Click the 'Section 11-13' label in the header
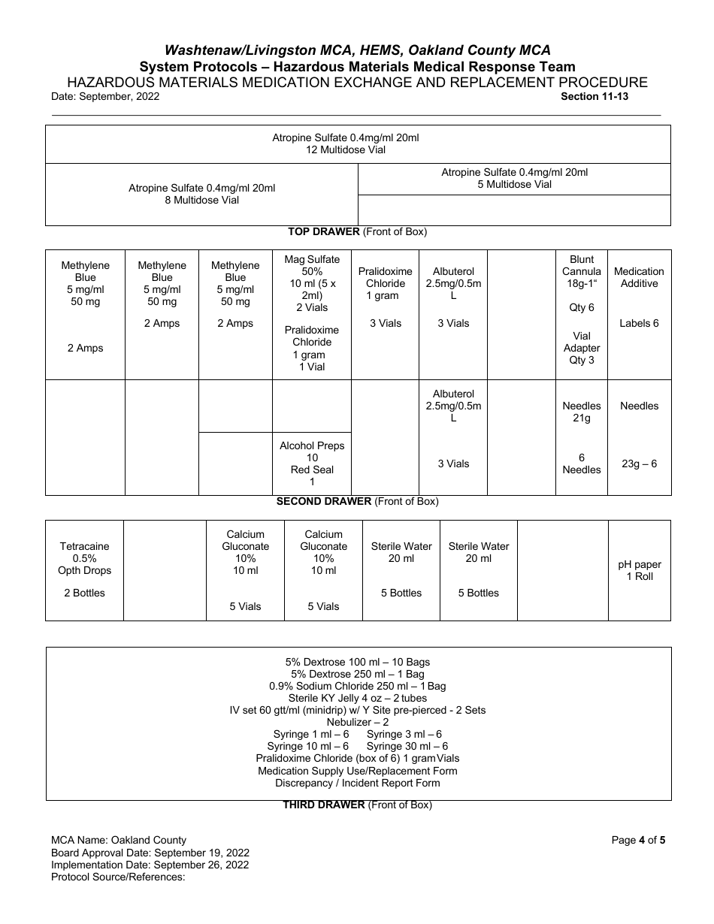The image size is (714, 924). pyautogui.click(x=594, y=96)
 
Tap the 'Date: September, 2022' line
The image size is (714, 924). pyautogui.click(x=105, y=96)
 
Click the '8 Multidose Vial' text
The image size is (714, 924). pyautogui.click(x=202, y=201)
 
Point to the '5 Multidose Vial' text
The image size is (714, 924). pyautogui.click(x=514, y=184)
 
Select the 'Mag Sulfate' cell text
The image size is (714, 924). pyautogui.click(x=312, y=260)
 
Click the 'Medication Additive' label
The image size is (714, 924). pyautogui.click(x=639, y=277)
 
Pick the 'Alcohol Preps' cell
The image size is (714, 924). pyautogui.click(x=312, y=445)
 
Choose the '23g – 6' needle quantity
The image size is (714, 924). pyautogui.click(x=639, y=464)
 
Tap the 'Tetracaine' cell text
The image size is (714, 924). pyautogui.click(x=85, y=546)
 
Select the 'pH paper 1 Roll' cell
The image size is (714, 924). pyautogui.click(x=640, y=570)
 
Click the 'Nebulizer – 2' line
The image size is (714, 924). pyautogui.click(x=358, y=722)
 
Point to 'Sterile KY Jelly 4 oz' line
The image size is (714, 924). pyautogui.click(x=358, y=698)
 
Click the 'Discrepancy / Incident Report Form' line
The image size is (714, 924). pyautogui.click(x=358, y=783)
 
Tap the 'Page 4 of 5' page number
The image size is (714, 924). pyautogui.click(x=638, y=840)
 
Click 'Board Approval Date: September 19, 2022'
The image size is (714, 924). pyautogui.click(x=150, y=853)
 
